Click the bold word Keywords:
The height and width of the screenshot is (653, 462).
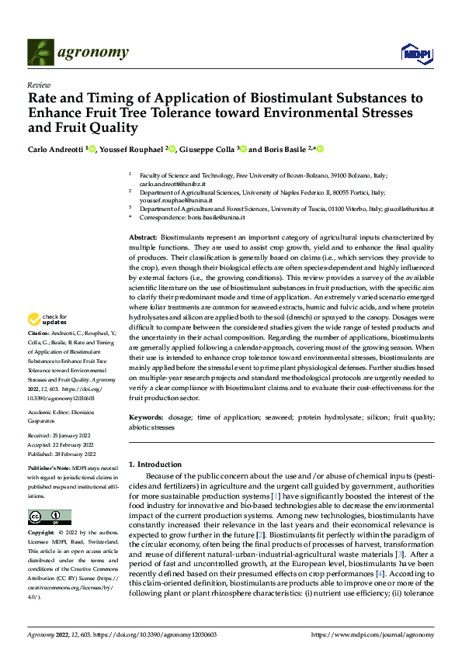[x=145, y=417]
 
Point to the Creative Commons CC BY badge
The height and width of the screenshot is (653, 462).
[x=49, y=517]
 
